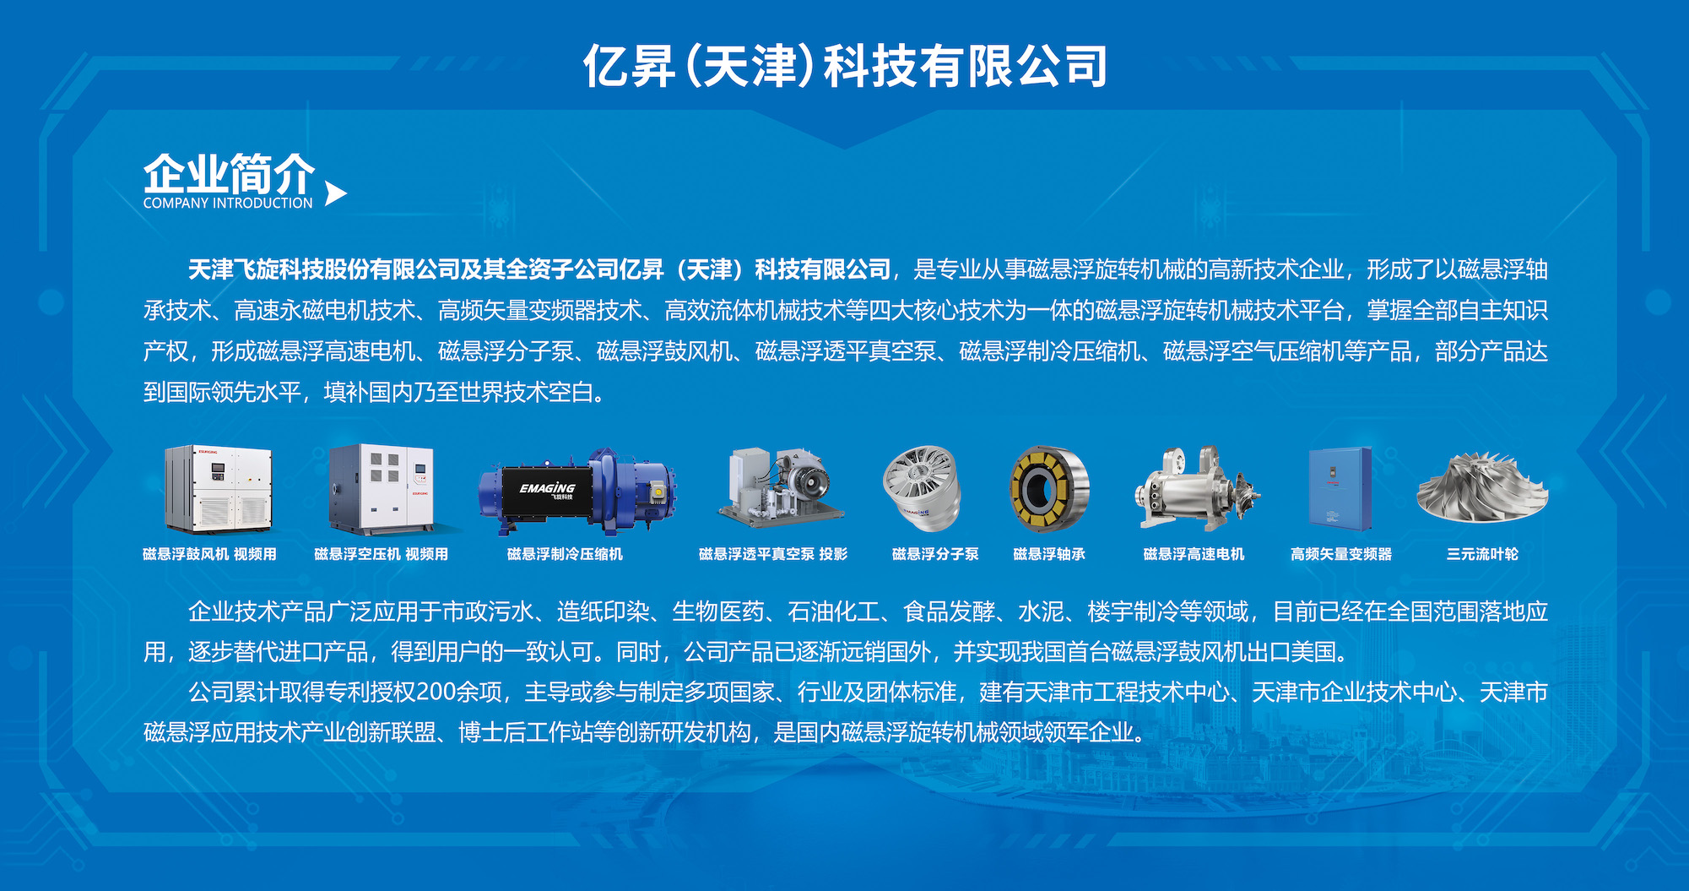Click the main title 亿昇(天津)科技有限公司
(x=845, y=66)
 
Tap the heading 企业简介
(x=229, y=174)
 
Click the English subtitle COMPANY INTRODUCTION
(x=228, y=204)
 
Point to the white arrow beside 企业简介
(x=335, y=193)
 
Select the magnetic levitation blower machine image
(x=219, y=489)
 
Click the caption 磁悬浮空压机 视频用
(x=381, y=554)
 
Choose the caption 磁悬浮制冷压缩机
(x=565, y=554)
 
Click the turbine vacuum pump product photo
(x=780, y=487)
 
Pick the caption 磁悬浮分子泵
(x=935, y=554)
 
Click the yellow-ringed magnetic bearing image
(x=1049, y=489)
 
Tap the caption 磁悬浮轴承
(x=1049, y=554)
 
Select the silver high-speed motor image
(x=1197, y=488)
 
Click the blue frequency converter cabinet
(x=1340, y=489)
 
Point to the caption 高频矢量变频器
(x=1341, y=554)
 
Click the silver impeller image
(x=1482, y=486)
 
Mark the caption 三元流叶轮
(x=1482, y=554)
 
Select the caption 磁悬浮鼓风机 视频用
(x=209, y=554)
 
